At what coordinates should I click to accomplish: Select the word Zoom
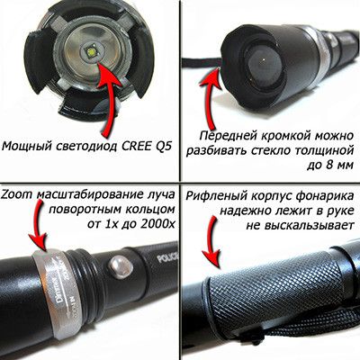pyautogui.click(x=18, y=193)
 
